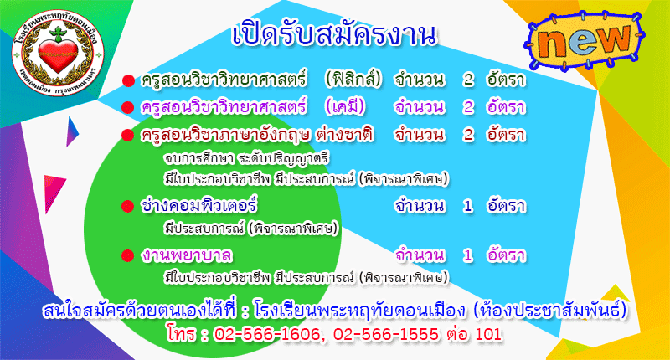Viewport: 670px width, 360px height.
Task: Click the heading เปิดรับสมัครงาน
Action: (334, 35)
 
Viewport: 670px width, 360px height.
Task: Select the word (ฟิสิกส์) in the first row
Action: (353, 79)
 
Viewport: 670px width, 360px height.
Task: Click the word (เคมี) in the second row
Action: (345, 106)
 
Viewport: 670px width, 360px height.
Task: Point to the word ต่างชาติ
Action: (345, 134)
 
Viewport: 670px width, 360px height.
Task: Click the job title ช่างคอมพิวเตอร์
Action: (198, 205)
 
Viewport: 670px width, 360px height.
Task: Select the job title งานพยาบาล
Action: (187, 255)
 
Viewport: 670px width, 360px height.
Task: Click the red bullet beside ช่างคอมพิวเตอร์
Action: (128, 207)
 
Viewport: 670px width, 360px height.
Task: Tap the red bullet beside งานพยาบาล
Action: (128, 256)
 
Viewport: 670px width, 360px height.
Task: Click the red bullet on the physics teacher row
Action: (128, 80)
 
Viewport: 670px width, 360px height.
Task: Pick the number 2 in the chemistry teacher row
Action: (468, 107)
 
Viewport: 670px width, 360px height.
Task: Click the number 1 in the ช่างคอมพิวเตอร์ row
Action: (468, 206)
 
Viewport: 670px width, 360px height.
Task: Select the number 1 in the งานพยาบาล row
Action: (468, 255)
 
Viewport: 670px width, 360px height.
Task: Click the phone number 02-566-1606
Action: (266, 334)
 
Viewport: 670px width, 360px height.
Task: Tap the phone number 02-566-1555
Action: (386, 334)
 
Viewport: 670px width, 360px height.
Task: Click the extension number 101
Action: (488, 334)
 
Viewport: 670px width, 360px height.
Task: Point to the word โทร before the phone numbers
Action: (182, 333)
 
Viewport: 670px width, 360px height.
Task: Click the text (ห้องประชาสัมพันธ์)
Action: (551, 310)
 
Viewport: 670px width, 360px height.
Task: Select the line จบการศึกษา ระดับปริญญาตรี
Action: (246, 158)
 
